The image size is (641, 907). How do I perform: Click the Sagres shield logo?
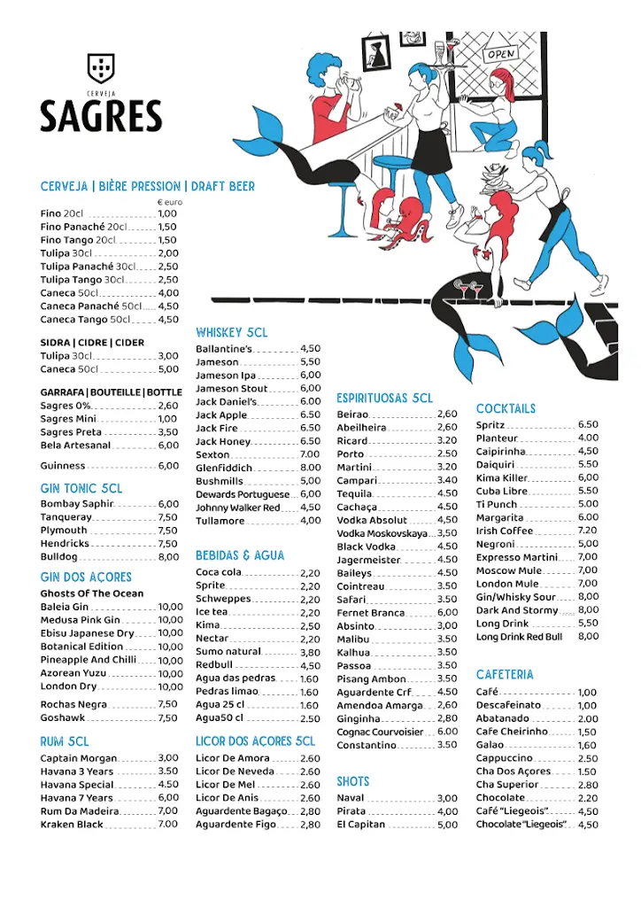pos(100,67)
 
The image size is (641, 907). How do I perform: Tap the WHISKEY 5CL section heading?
pos(231,332)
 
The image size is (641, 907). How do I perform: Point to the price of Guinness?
pos(168,466)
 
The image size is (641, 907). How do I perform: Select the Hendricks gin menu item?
pos(65,544)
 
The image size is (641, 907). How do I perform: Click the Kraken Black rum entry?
pos(72,825)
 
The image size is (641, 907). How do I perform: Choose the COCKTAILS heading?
pos(506,408)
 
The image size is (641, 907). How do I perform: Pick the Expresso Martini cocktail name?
pos(517,557)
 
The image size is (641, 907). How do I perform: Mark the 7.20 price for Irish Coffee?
pos(587,531)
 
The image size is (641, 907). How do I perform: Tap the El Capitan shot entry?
pos(360,825)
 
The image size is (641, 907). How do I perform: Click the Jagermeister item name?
pos(368,560)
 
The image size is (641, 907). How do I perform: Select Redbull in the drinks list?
pos(214,665)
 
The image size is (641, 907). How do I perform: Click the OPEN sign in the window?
pos(501,54)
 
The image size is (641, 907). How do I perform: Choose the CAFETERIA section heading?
pos(505,675)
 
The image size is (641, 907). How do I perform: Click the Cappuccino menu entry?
pos(504,758)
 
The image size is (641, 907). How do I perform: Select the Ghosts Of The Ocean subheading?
pos(91,593)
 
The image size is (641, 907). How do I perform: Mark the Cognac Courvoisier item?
pos(380,732)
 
